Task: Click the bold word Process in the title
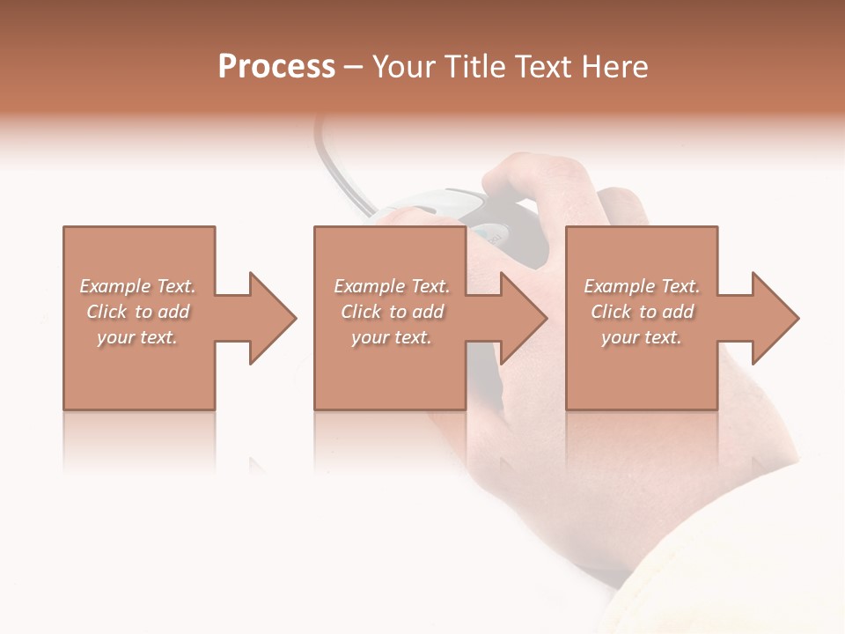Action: tap(276, 67)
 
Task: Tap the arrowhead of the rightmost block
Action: tap(774, 318)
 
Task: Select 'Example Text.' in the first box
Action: tap(137, 286)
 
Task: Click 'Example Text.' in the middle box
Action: tap(392, 286)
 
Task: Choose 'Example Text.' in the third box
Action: tap(642, 286)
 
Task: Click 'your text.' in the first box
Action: tap(137, 337)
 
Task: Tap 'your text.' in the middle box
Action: tap(392, 337)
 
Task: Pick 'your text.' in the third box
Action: tap(642, 337)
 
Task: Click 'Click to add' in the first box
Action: tap(137, 312)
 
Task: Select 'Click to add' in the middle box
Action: tap(392, 312)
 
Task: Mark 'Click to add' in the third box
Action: tap(642, 312)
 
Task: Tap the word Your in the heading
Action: tap(404, 67)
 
